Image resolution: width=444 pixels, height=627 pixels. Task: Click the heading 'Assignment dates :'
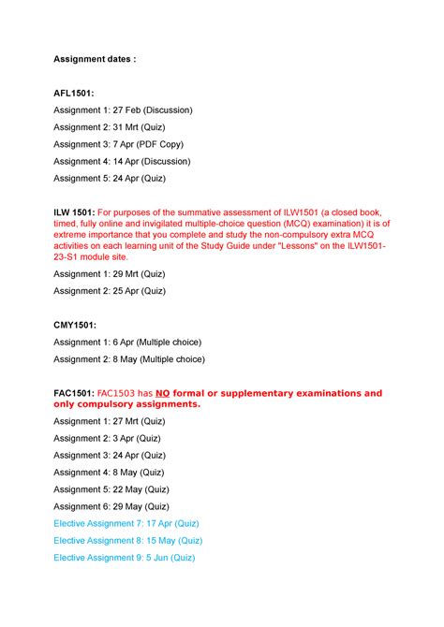[x=95, y=59]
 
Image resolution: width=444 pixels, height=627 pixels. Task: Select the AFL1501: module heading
[x=78, y=94]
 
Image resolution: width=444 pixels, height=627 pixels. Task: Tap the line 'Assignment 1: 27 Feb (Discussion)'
[x=123, y=109]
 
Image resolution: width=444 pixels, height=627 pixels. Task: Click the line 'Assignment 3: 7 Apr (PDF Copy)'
[x=118, y=144]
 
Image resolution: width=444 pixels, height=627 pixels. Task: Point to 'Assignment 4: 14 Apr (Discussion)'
[x=123, y=161]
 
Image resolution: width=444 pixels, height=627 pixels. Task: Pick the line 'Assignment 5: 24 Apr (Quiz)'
[x=110, y=178]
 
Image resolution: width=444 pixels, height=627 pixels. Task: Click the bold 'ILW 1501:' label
[x=74, y=212]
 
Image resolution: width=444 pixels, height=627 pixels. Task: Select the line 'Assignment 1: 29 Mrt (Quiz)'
[x=110, y=273]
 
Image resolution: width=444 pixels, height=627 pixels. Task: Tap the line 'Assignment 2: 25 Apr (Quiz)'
[x=110, y=291]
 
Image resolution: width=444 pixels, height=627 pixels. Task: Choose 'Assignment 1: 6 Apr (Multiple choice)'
[x=127, y=342]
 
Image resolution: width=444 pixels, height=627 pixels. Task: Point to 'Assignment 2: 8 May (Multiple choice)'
[x=128, y=358]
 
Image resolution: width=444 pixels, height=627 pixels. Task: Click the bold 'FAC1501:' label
[x=74, y=393]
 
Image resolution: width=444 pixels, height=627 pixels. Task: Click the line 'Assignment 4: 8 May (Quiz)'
[x=109, y=472]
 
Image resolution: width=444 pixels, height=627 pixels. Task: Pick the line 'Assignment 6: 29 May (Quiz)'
[x=111, y=506]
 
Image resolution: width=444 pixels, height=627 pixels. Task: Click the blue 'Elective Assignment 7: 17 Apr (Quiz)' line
[x=126, y=523]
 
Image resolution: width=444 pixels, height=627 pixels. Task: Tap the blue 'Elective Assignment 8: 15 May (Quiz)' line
[x=127, y=540]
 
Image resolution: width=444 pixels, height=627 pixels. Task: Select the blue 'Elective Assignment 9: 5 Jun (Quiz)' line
[x=125, y=557]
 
